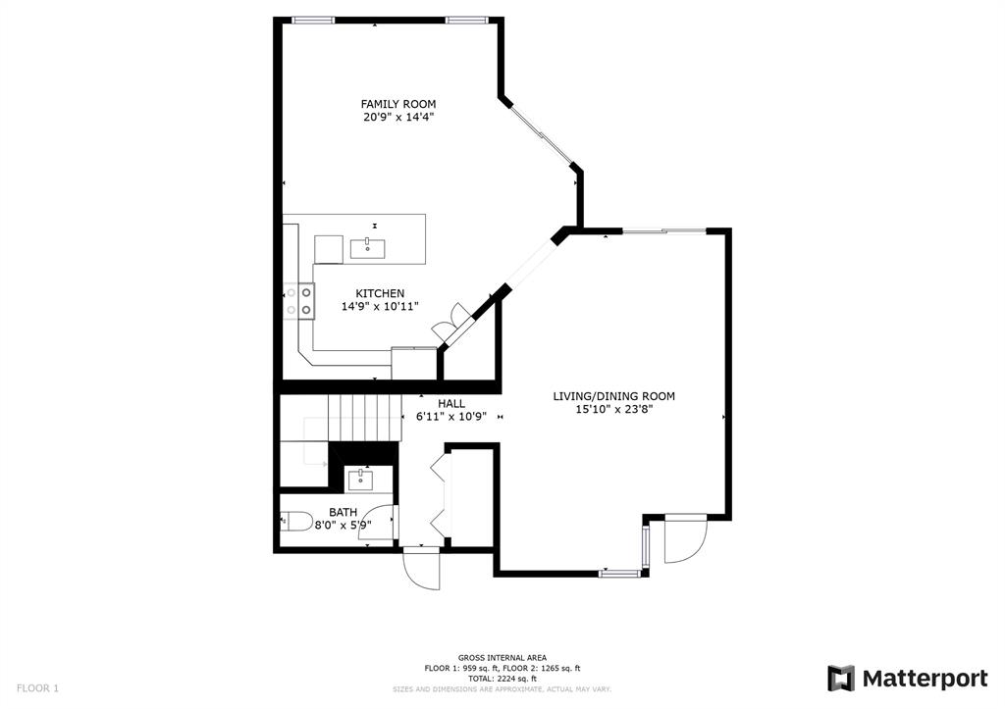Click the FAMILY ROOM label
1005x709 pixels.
[x=398, y=104]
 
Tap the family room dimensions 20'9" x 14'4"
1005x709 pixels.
[x=398, y=118]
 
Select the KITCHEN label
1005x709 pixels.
[x=380, y=293]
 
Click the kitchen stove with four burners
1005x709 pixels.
[x=298, y=301]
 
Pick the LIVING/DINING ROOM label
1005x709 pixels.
[x=614, y=396]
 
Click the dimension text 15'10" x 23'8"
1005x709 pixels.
[x=614, y=410]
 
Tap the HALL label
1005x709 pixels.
[x=451, y=403]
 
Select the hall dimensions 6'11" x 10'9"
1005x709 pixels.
[x=451, y=417]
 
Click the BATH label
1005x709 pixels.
[x=343, y=512]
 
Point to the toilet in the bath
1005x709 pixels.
[x=295, y=522]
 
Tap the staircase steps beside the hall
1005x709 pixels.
[x=364, y=418]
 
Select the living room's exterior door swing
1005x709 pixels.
[x=686, y=539]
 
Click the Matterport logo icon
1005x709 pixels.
[x=841, y=679]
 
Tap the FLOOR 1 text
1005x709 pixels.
[x=38, y=688]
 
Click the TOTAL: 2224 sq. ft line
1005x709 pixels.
[x=502, y=679]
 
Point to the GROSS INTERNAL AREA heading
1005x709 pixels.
[x=502, y=658]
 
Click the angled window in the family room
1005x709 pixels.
[x=541, y=134]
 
